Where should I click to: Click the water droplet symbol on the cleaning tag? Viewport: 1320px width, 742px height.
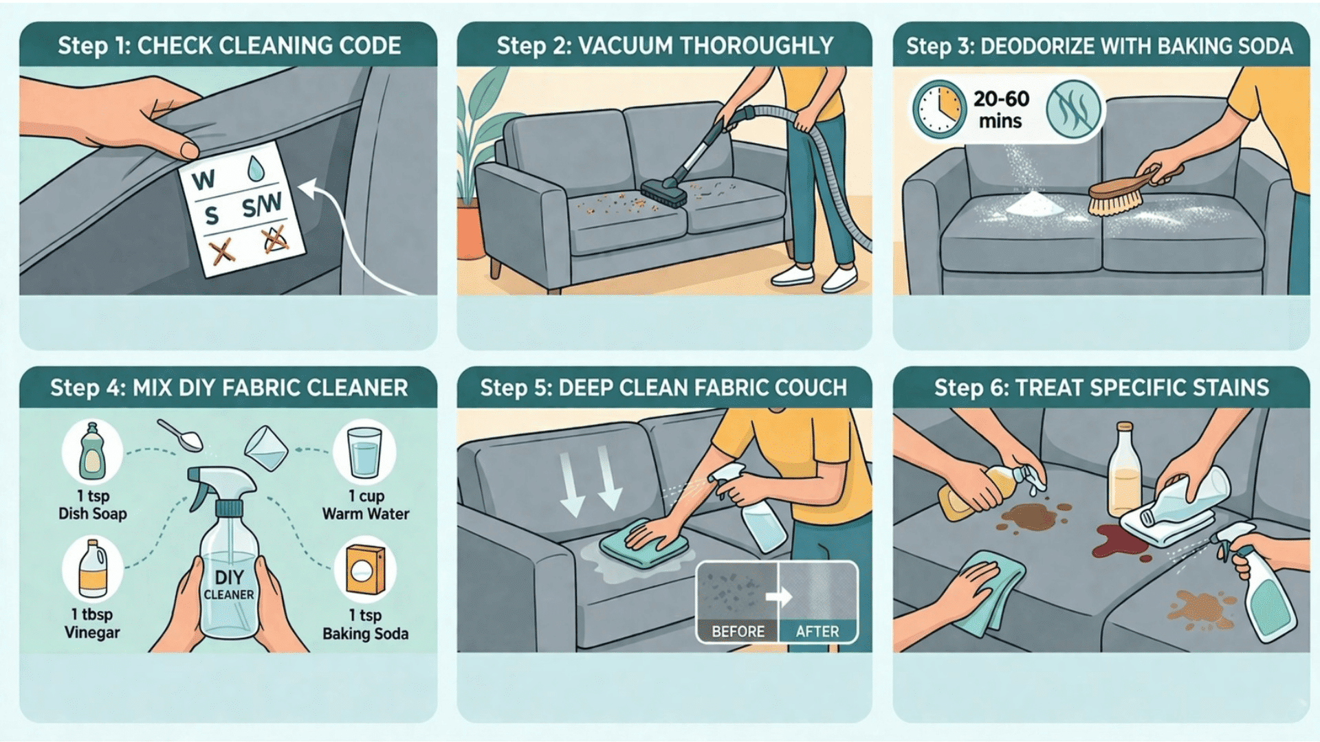pos(256,168)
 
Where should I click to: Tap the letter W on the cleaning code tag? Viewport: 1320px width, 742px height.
pos(203,180)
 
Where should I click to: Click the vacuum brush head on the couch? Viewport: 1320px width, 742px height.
pos(663,193)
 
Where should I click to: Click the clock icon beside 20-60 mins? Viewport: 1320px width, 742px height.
pos(938,109)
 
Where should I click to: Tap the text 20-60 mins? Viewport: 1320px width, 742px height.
pos(1001,109)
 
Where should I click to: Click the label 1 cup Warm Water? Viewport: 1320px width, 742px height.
pos(366,505)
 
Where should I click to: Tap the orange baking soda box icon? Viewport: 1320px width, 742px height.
pos(365,570)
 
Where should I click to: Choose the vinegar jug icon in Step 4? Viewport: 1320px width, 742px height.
pos(92,570)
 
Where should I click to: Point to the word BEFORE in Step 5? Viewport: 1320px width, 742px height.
pos(738,631)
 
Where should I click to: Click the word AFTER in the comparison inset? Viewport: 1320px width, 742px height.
pos(817,631)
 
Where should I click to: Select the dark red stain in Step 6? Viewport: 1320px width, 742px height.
pos(1117,539)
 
